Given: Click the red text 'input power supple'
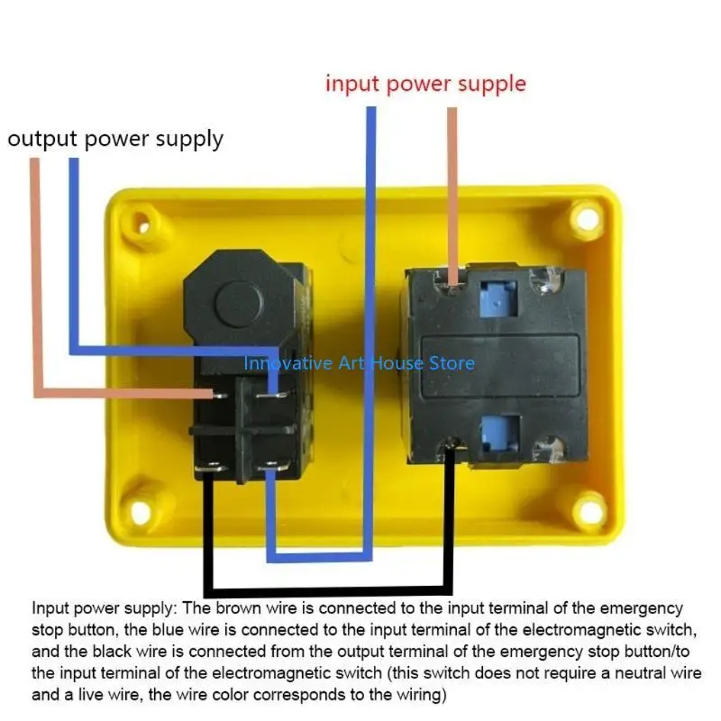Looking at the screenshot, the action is pos(425,85).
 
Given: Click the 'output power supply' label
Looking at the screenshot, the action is pos(115,140).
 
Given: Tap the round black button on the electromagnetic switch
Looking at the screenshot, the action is pos(239,304).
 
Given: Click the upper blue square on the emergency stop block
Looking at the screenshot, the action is pos(498,298).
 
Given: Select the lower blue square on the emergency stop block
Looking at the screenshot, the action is pos(500,434).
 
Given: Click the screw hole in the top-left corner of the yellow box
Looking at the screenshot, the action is pos(143,226).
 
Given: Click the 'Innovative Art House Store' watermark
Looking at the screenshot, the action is pos(359,363).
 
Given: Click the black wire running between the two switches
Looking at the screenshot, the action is pos(327,591).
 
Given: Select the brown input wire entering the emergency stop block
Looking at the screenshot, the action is pos(452,196).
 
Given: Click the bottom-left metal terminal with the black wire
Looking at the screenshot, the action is pos(211,468).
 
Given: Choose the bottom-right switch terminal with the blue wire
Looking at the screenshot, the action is pos(273,467).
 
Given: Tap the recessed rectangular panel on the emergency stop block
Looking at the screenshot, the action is pos(501,366).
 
